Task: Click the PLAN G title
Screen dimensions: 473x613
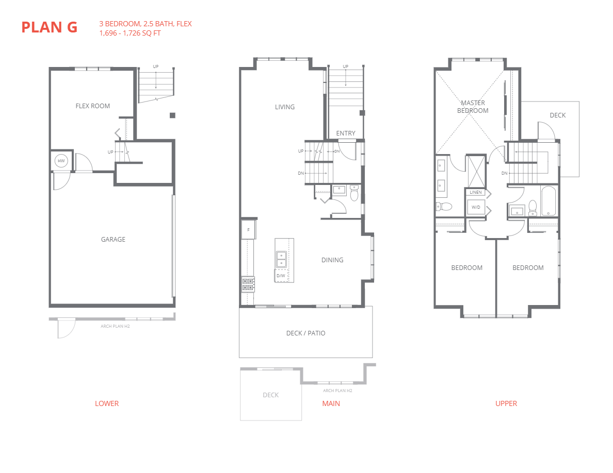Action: (49, 27)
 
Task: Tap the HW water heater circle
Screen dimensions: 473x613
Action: (61, 161)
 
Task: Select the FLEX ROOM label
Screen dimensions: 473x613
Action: (93, 106)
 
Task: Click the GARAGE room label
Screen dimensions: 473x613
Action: (113, 240)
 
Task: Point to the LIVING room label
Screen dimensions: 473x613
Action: (284, 107)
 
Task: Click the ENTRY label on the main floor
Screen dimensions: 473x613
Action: (345, 133)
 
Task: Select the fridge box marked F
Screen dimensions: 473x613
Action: (248, 230)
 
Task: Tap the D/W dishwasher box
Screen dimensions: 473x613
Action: (281, 276)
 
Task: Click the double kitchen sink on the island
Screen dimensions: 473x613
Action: (281, 259)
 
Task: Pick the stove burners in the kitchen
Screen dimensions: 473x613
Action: (248, 284)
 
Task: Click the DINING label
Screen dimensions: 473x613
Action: (332, 260)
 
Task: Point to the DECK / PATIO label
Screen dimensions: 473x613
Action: (305, 333)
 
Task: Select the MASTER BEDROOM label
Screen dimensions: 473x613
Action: (473, 107)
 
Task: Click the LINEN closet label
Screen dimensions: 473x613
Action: (475, 193)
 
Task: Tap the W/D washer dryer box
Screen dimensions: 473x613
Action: (475, 208)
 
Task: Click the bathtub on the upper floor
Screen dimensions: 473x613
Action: (548, 201)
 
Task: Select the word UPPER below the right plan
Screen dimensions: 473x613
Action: (506, 403)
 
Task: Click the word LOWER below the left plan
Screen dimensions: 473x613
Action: (107, 403)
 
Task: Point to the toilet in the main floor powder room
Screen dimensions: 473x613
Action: (354, 194)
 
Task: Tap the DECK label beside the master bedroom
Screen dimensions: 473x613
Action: (557, 115)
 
